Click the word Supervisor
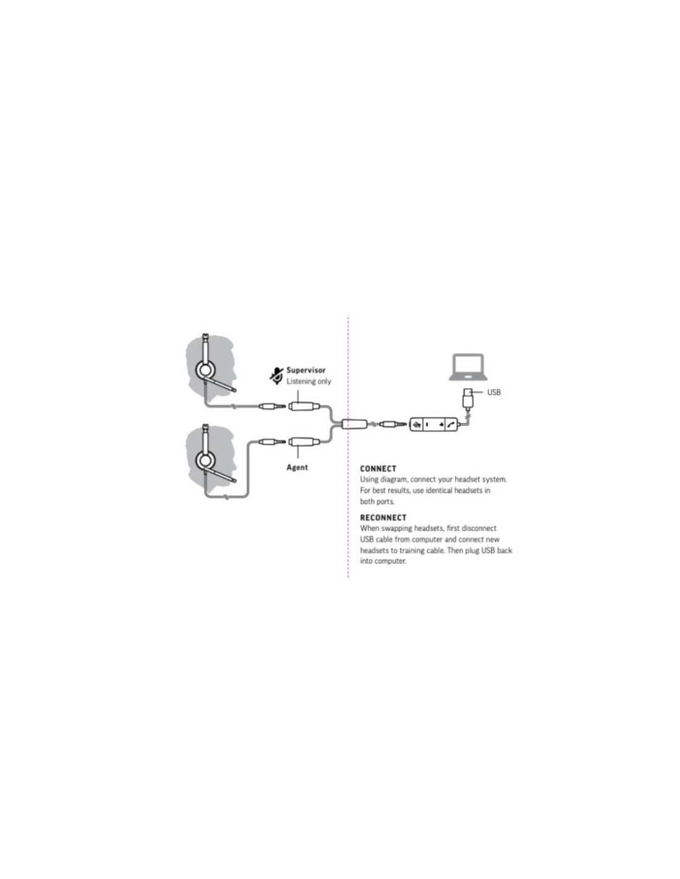point(305,370)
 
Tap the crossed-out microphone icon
point(276,376)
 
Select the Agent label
point(297,467)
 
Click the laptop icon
point(468,367)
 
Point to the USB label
point(493,392)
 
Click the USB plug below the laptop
point(467,399)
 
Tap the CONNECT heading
point(378,469)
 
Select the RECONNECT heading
point(383,517)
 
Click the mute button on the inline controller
point(416,424)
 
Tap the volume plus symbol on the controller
point(441,425)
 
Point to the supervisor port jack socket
point(302,406)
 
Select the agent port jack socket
point(302,441)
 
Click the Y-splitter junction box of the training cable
point(354,424)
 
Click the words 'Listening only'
point(308,381)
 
